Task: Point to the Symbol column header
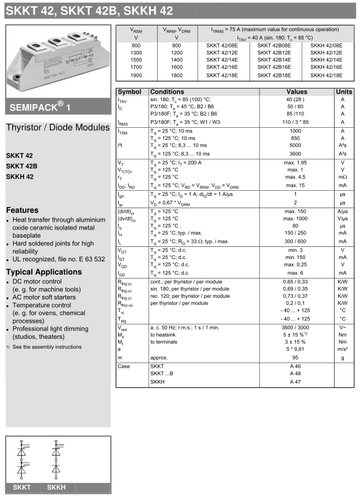129,92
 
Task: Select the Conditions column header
168,92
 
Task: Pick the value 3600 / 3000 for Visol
296,327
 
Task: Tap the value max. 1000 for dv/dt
296,219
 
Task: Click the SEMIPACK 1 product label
40,108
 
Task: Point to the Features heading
23,210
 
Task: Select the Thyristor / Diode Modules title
57,128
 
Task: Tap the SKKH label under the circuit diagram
56,487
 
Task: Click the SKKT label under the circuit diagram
22,487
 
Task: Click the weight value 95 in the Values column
296,358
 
